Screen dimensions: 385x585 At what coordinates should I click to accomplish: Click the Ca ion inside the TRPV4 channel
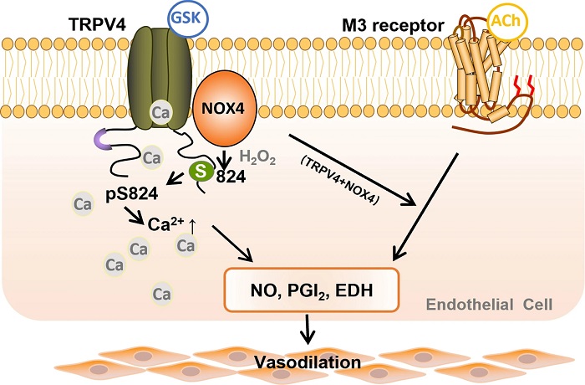[160, 110]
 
